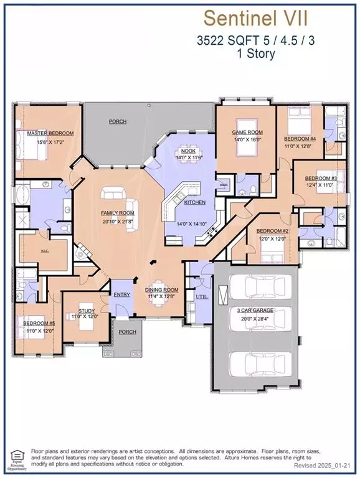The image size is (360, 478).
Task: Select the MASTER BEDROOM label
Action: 50,133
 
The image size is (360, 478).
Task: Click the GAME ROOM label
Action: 247,133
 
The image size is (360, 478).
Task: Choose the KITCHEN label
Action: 194,203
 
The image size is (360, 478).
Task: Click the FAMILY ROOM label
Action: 118,213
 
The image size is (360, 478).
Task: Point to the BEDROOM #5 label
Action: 39,324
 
